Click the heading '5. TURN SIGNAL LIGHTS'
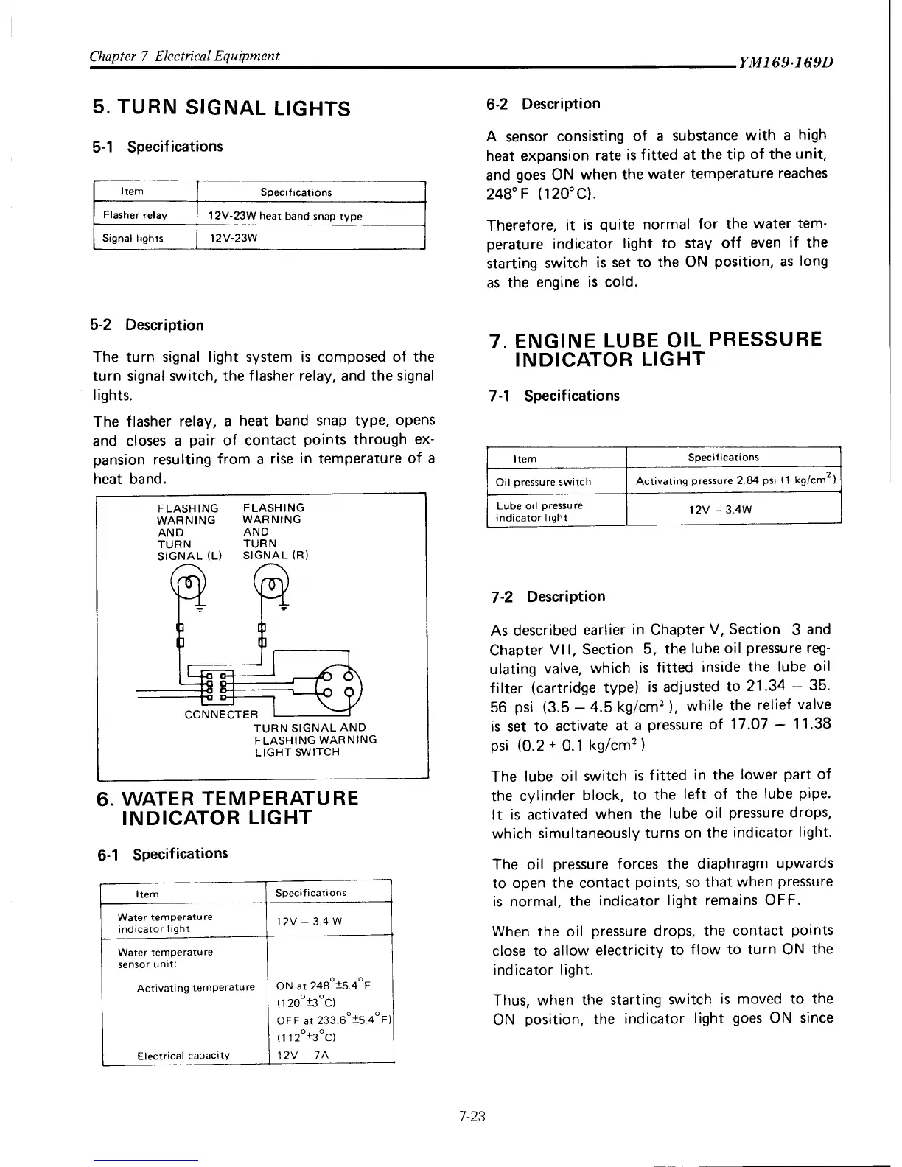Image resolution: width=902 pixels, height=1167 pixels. pos(221,109)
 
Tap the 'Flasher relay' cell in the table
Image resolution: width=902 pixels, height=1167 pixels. pos(135,215)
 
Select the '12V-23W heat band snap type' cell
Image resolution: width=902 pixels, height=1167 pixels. pos(285,216)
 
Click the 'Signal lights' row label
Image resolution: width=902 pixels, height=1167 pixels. pos(133,238)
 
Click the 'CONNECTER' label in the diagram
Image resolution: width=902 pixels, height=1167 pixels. pos(221,715)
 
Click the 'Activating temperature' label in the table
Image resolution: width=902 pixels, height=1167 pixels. pos(195,988)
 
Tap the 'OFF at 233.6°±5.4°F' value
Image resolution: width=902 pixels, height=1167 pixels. pos(336,1020)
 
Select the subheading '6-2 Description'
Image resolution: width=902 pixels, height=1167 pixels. pos(543,104)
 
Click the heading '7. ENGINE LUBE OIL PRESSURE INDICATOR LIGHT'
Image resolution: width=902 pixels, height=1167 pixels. pos(656,350)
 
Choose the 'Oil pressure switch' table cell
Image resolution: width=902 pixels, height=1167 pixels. pos(543,482)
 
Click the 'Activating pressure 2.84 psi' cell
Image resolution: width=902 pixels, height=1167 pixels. pos(733,482)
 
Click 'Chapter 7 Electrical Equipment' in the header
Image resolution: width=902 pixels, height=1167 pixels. pos(183,56)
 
